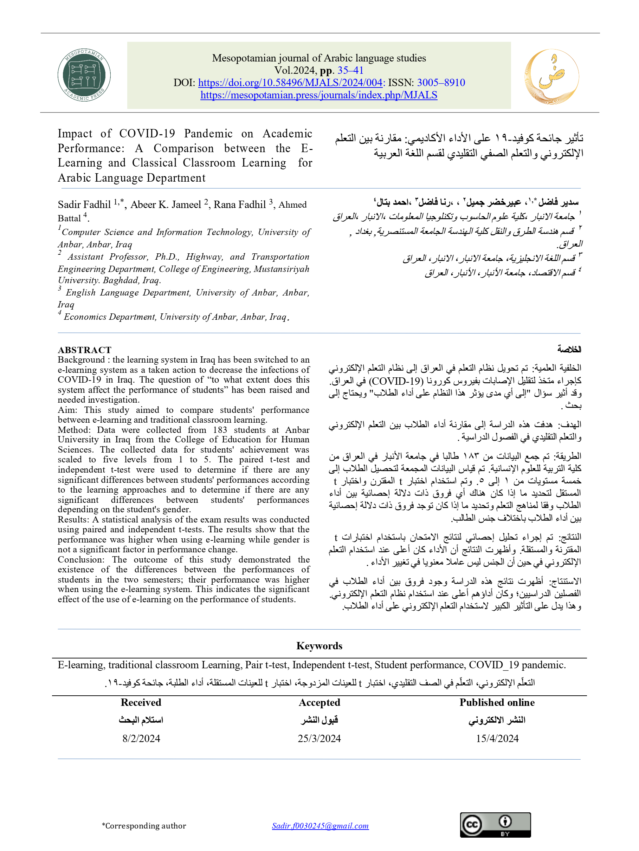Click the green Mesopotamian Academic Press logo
[84, 76]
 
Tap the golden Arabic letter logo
[551, 77]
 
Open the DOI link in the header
[290, 83]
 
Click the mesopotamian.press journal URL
[318, 95]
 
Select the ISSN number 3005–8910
[441, 83]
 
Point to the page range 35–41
[350, 70]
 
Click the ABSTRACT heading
[84, 350]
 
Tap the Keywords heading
[319, 645]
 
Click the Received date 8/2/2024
[141, 738]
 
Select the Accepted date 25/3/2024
[319, 738]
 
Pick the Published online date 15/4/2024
[497, 738]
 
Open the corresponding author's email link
[320, 826]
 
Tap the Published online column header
[497, 702]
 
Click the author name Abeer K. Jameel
[166, 205]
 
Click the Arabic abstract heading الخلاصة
[569, 349]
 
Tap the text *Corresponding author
[144, 826]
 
